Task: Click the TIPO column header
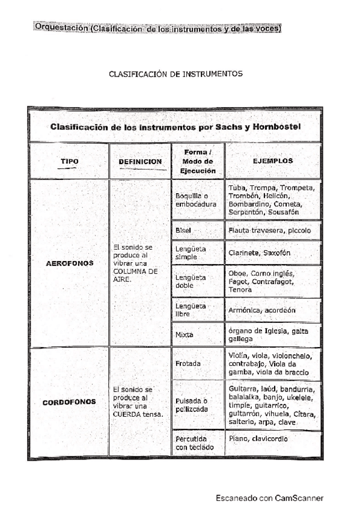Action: tap(69, 161)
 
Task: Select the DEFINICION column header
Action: tap(140, 162)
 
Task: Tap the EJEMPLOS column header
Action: tap(273, 161)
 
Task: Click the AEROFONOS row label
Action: tap(69, 263)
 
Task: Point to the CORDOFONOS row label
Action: tap(69, 402)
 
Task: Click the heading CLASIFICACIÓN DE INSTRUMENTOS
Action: tap(175, 74)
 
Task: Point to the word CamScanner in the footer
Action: tap(299, 498)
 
